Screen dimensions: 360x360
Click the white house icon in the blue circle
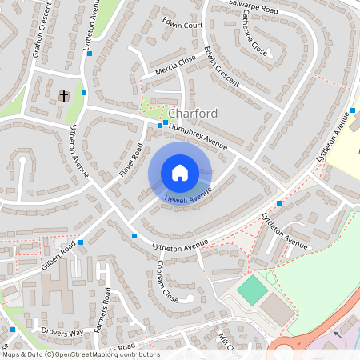[180, 173]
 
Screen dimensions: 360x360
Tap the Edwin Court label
[182, 24]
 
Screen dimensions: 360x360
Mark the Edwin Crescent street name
[221, 66]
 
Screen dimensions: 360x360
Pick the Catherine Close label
[250, 38]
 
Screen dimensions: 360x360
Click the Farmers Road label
[102, 319]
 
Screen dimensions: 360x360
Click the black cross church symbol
[63, 96]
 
